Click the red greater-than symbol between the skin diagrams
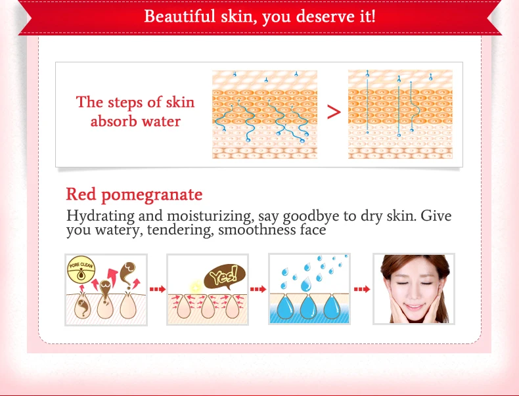click(x=334, y=112)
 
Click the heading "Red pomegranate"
click(x=134, y=194)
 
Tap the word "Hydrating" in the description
click(x=101, y=216)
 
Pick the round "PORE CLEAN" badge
click(x=81, y=270)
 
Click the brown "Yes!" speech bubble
click(x=225, y=276)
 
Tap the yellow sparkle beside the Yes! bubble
click(x=196, y=286)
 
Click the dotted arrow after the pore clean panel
click(x=158, y=289)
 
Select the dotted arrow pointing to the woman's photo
click(x=362, y=289)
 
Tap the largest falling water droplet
click(x=306, y=285)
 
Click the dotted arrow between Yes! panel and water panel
click(x=258, y=289)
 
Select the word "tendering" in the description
click(x=180, y=231)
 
